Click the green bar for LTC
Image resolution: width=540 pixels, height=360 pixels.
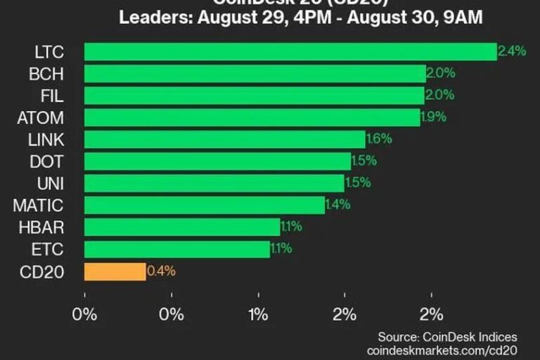tap(290, 51)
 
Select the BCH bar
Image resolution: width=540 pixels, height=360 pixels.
tap(255, 73)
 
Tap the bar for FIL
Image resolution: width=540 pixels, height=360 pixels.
tap(254, 95)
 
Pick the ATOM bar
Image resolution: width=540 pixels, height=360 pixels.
tap(252, 117)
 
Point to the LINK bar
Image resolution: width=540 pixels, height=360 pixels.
tap(224, 139)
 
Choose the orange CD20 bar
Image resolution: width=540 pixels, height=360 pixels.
tap(115, 271)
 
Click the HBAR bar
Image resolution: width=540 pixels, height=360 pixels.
tap(181, 226)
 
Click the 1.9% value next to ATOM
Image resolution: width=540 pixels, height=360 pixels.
tap(433, 117)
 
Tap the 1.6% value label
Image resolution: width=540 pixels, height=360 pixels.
tap(378, 139)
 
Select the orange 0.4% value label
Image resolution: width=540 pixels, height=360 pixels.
tap(160, 271)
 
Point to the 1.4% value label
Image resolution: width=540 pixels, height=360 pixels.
tap(339, 205)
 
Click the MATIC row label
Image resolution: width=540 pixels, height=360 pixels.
tap(38, 205)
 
